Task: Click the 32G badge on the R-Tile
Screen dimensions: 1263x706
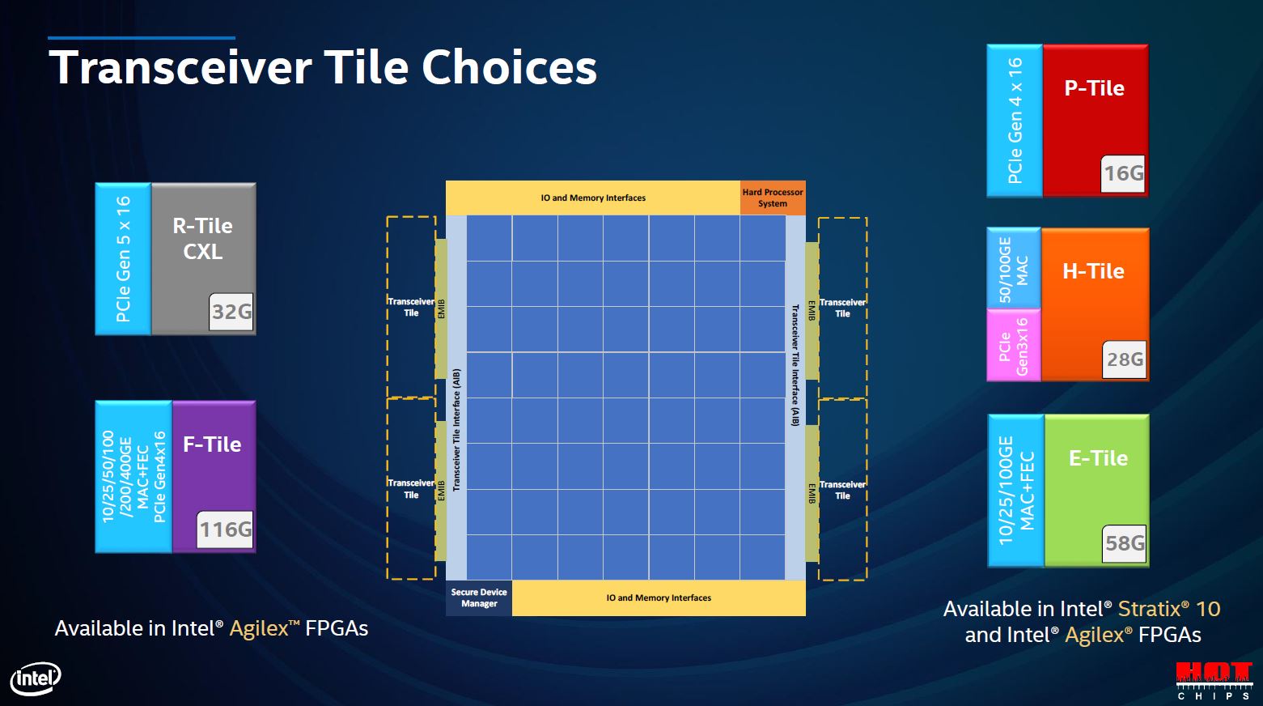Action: tap(231, 312)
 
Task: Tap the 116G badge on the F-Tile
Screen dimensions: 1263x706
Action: tap(225, 529)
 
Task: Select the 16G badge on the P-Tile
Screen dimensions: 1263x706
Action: tap(1123, 173)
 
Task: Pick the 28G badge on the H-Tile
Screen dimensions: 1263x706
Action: tap(1125, 359)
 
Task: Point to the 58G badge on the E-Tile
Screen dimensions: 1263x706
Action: tap(1125, 543)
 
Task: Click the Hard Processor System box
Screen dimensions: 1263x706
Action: tap(773, 198)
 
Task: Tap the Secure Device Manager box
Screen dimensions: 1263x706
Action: tap(479, 598)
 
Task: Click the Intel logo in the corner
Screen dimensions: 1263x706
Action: tap(36, 678)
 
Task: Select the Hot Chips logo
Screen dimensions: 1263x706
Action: tap(1214, 681)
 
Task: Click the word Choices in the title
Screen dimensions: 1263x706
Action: tap(509, 67)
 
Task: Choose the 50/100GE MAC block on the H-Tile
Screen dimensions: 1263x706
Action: tap(1013, 269)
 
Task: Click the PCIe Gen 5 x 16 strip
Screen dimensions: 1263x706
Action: tap(123, 258)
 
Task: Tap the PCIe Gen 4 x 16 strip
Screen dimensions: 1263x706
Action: tap(1015, 120)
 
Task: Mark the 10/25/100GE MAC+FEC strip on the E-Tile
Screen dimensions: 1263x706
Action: tap(1016, 491)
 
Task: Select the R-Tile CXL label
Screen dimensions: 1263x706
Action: tap(202, 238)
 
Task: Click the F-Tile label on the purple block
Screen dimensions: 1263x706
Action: tap(212, 444)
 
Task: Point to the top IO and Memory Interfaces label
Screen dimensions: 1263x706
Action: tap(593, 198)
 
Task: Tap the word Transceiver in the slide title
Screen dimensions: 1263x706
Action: tap(180, 67)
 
